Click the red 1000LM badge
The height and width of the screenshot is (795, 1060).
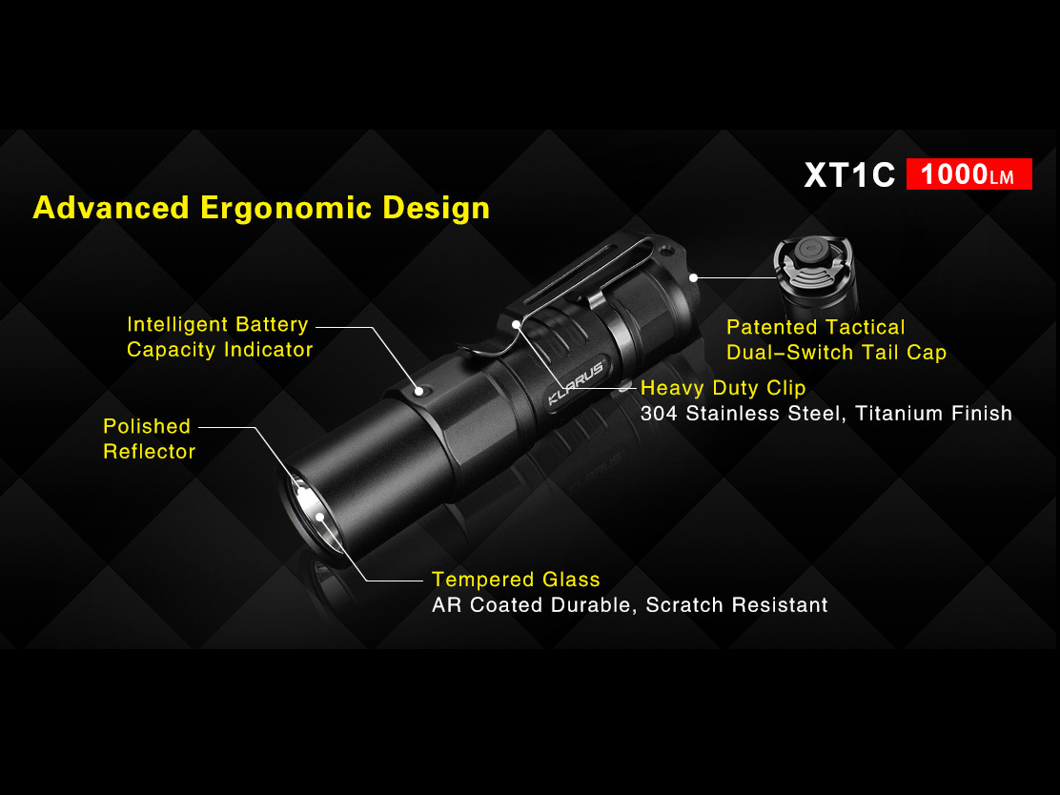968,173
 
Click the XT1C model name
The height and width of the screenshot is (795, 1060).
849,175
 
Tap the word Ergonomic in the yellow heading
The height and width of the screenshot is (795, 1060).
286,209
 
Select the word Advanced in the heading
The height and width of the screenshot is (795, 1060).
111,208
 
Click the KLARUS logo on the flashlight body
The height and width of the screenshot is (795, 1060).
576,382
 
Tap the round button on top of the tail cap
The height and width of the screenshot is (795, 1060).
809,249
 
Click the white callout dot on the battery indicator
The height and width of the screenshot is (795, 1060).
419,391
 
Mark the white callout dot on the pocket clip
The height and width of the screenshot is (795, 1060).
517,324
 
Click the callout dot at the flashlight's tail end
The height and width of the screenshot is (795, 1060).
694,277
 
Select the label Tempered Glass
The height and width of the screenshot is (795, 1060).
516,580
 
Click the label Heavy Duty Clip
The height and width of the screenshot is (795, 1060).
723,388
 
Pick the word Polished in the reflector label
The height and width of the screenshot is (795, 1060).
147,426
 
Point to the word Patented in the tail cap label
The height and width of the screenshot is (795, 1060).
776,327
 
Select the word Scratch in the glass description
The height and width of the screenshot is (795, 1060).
684,604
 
